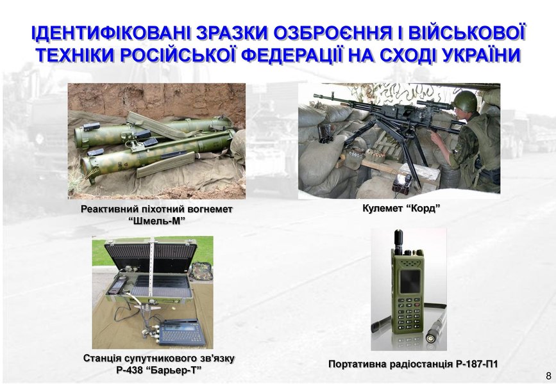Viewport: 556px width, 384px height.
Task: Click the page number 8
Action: (x=548, y=376)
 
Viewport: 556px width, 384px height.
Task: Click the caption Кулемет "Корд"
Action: (x=401, y=208)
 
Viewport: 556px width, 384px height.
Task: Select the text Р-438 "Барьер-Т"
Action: (x=158, y=370)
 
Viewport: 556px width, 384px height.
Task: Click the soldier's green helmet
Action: (x=464, y=101)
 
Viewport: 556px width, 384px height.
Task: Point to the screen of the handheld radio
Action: (x=410, y=282)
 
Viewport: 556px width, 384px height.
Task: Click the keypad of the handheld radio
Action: (x=409, y=314)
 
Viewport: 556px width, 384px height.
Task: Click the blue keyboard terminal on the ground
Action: (x=181, y=332)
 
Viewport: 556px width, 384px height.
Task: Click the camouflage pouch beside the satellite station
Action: (x=201, y=271)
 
